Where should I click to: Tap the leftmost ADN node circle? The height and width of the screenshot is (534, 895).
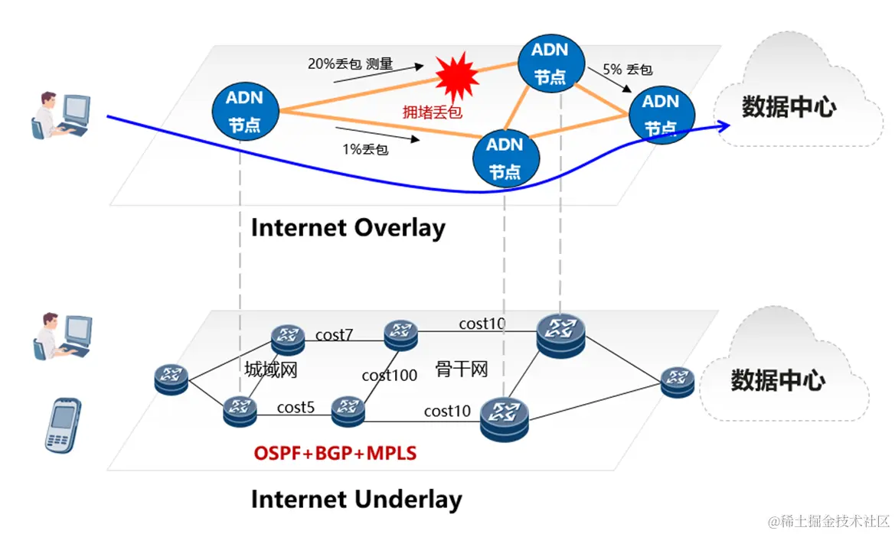click(x=245, y=111)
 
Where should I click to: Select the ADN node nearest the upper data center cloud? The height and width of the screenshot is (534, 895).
click(x=661, y=113)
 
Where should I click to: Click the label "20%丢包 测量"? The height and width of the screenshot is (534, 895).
click(x=350, y=65)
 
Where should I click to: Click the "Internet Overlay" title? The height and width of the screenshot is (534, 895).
click(x=348, y=228)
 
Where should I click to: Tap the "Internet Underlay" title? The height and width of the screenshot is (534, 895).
click(x=356, y=500)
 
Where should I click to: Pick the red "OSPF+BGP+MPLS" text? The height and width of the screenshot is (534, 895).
click(x=335, y=454)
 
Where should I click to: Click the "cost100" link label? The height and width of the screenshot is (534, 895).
click(x=390, y=375)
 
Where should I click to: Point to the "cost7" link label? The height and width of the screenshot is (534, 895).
click(x=334, y=334)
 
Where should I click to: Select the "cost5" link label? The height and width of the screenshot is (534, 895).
click(x=296, y=407)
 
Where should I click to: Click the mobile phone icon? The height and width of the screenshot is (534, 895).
click(x=62, y=423)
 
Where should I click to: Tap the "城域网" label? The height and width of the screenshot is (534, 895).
click(x=271, y=370)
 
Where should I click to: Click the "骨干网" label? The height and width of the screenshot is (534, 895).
click(x=462, y=369)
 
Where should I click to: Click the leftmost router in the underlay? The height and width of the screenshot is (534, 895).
click(x=171, y=378)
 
